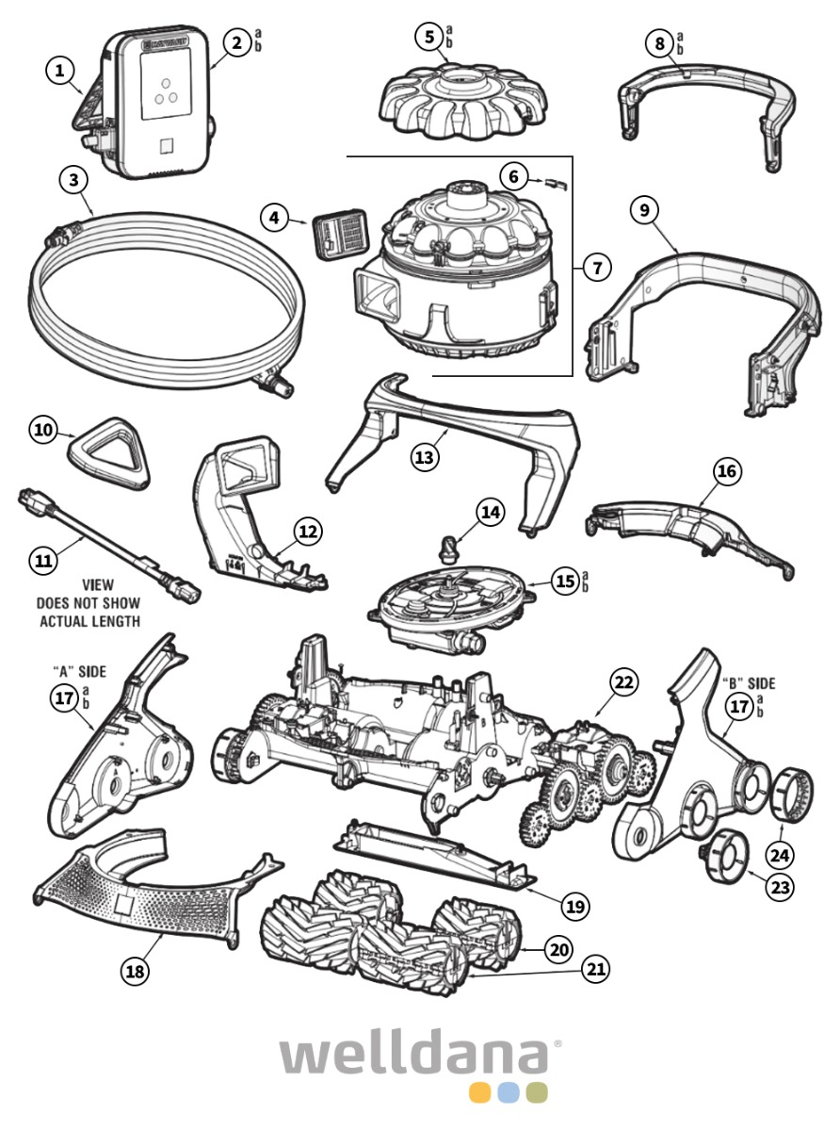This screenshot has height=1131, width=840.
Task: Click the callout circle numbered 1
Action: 62,70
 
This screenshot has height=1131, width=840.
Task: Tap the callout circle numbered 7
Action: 595,267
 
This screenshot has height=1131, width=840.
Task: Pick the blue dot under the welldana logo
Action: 509,1092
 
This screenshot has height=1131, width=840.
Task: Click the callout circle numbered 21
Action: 594,968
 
